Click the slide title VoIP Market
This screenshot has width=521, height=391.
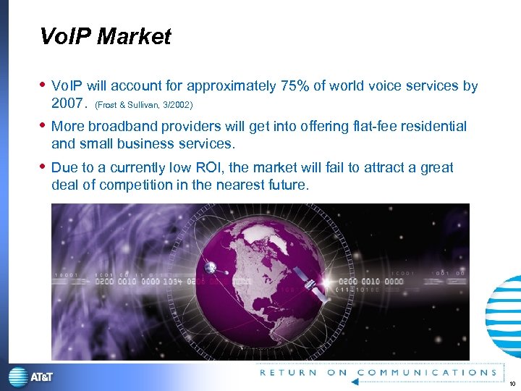click(106, 37)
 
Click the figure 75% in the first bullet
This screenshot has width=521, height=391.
click(295, 87)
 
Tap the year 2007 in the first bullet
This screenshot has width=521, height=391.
click(68, 104)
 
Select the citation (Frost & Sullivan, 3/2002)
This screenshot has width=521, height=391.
click(143, 105)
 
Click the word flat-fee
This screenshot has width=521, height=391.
click(368, 127)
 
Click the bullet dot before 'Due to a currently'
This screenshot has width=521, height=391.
click(44, 167)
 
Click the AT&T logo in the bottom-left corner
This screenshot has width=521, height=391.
click(30, 377)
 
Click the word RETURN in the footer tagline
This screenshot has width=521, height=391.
click(288, 373)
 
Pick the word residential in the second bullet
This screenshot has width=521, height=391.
click(431, 127)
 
